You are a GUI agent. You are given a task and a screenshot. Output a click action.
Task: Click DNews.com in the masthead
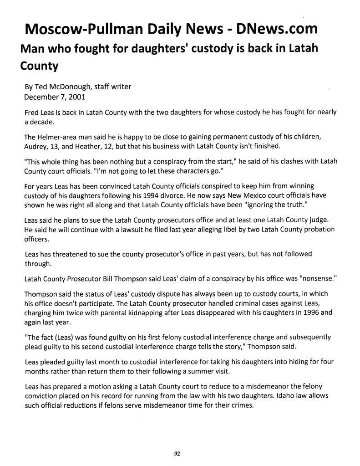[x=274, y=29]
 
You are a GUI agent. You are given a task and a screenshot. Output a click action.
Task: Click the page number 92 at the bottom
[x=177, y=453]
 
